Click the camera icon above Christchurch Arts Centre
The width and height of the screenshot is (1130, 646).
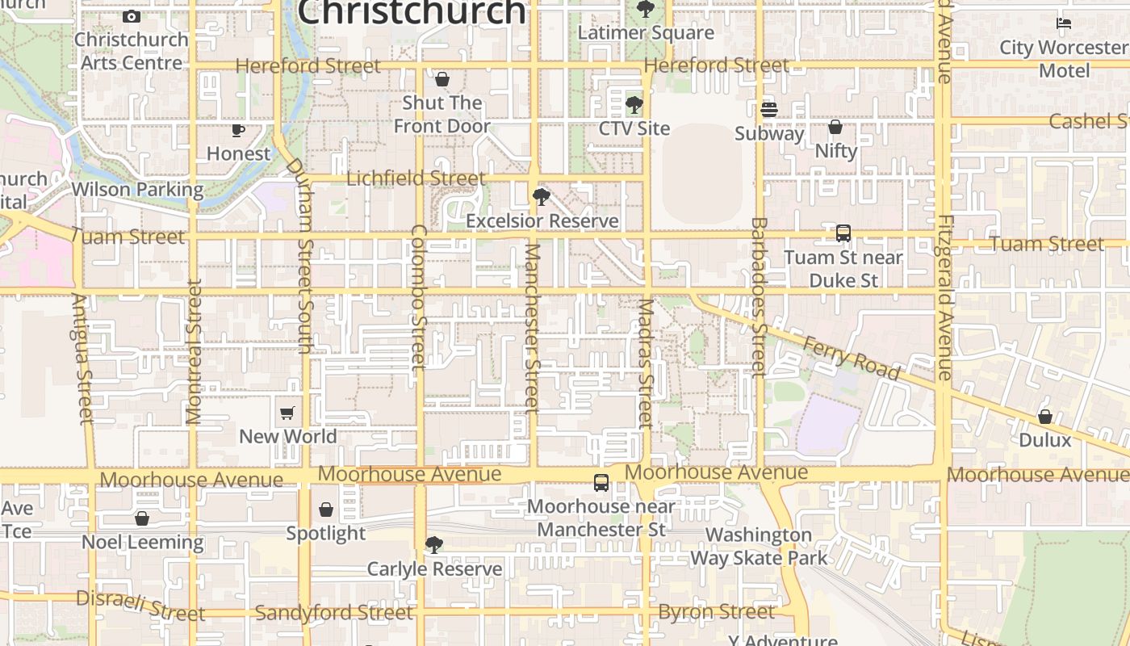point(131,16)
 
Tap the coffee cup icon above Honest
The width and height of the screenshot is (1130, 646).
point(238,130)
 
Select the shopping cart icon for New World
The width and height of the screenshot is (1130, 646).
point(287,413)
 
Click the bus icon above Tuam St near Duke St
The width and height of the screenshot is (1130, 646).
point(843,233)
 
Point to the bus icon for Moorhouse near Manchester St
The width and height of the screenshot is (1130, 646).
point(601,483)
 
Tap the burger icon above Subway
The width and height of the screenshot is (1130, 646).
point(768,109)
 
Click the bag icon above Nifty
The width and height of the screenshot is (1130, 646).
point(835,127)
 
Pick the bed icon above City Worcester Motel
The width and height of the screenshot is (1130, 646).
point(1064,23)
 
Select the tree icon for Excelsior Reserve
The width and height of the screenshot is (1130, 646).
point(542,196)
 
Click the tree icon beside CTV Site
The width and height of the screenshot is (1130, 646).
point(634,105)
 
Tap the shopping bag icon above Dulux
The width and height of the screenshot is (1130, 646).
point(1045,417)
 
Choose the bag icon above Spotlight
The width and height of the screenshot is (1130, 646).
point(326,510)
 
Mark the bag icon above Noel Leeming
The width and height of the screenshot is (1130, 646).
point(142,518)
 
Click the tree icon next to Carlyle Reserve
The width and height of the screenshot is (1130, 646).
point(434,545)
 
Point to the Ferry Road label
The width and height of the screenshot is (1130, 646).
point(851,358)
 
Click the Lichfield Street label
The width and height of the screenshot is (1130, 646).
point(416,178)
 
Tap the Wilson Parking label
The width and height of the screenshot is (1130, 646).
point(137,190)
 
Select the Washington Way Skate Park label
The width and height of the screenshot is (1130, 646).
point(759,547)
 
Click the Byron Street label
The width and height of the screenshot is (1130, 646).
point(717,612)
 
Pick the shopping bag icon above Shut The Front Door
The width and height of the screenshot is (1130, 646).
point(442,79)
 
